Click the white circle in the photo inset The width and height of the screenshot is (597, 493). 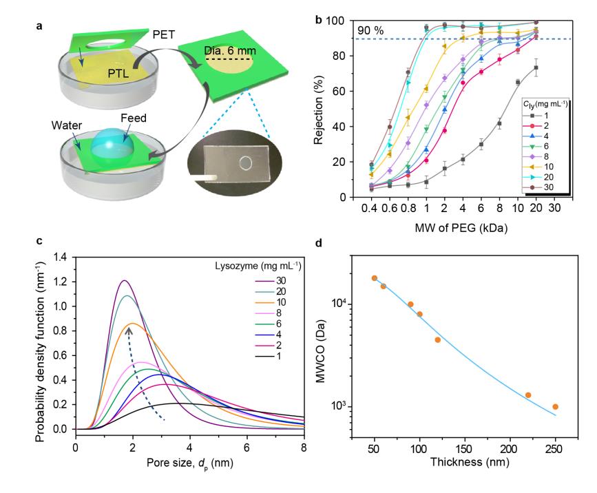[x=246, y=163]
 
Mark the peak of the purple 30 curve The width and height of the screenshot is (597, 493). [x=124, y=280]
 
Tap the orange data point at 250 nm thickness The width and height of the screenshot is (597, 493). [x=555, y=407]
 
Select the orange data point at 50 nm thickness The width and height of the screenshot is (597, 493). [x=375, y=278]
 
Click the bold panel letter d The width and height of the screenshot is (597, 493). [x=317, y=242]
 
